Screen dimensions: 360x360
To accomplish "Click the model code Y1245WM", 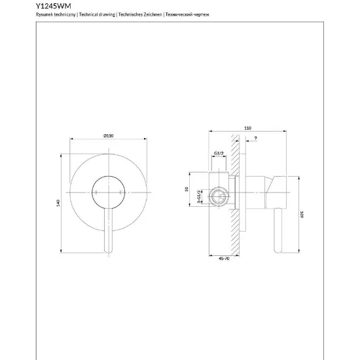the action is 54,6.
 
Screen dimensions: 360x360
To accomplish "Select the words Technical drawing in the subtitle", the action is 97,14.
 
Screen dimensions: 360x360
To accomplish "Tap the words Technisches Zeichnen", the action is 140,14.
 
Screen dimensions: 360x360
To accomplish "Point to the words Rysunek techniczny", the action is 56,14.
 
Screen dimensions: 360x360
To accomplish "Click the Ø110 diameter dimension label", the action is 109,135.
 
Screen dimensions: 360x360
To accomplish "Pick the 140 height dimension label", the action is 58,203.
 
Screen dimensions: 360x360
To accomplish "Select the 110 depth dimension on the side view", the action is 247,128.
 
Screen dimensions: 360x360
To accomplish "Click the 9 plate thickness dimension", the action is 256,138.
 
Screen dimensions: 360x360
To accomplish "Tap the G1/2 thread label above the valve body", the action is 219,153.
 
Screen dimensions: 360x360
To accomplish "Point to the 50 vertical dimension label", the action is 187,189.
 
